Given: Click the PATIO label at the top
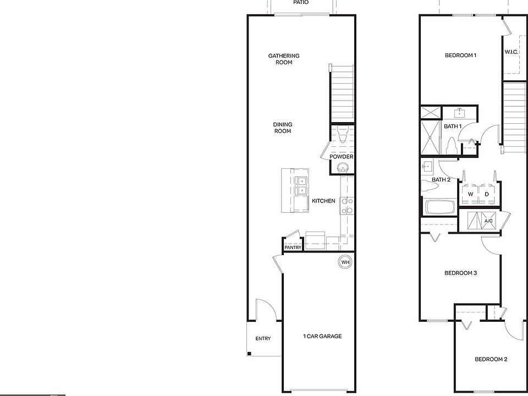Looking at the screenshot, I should (300, 3).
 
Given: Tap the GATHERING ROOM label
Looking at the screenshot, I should (284, 59).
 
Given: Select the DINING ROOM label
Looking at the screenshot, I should (282, 128).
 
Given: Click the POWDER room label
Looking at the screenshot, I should (341, 157).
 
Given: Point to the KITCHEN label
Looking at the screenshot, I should (323, 201).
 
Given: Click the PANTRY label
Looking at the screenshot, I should (293, 248).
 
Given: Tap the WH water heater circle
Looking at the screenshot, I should (345, 262).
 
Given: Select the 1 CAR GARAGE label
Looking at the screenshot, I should (322, 336).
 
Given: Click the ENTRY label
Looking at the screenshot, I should (263, 339).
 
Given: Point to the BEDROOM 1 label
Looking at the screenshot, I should (460, 56).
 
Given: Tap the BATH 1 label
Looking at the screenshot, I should (453, 127).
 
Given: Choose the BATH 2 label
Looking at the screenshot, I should (441, 180).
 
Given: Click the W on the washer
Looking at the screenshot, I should (470, 194).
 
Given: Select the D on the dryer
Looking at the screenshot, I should (487, 194).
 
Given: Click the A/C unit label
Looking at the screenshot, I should (488, 222).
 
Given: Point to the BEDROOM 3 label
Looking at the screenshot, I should (460, 273).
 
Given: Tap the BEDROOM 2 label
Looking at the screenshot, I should (491, 359).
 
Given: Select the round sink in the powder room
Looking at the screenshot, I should (343, 168).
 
